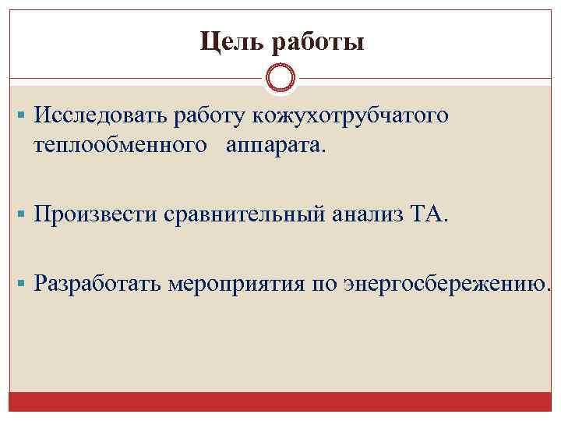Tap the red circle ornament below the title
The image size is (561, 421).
[x=280, y=78]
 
